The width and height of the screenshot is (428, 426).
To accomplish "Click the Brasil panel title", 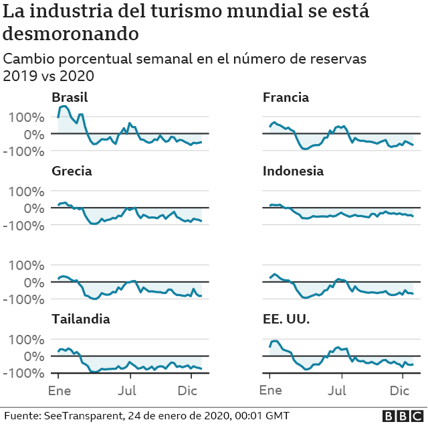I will [x=70, y=98].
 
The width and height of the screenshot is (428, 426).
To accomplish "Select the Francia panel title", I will [x=286, y=98].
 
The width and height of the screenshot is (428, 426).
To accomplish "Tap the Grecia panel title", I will [x=72, y=171].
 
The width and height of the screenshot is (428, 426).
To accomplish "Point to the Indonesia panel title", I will [x=293, y=171].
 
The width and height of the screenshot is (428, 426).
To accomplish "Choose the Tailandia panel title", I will [x=81, y=319].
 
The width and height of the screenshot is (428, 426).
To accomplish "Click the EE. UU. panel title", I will [x=286, y=319].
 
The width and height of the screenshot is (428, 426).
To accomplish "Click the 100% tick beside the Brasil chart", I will [x=27, y=117].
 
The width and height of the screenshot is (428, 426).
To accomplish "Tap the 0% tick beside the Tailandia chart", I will [x=33, y=356].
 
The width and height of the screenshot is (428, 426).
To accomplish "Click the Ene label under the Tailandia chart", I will [x=59, y=390].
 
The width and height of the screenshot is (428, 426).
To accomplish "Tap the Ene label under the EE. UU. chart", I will [x=270, y=390].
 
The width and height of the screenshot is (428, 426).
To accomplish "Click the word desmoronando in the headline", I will [x=72, y=33].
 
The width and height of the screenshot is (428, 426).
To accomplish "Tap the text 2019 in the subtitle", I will [x=19, y=76].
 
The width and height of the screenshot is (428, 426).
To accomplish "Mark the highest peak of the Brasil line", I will [x=64, y=106].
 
